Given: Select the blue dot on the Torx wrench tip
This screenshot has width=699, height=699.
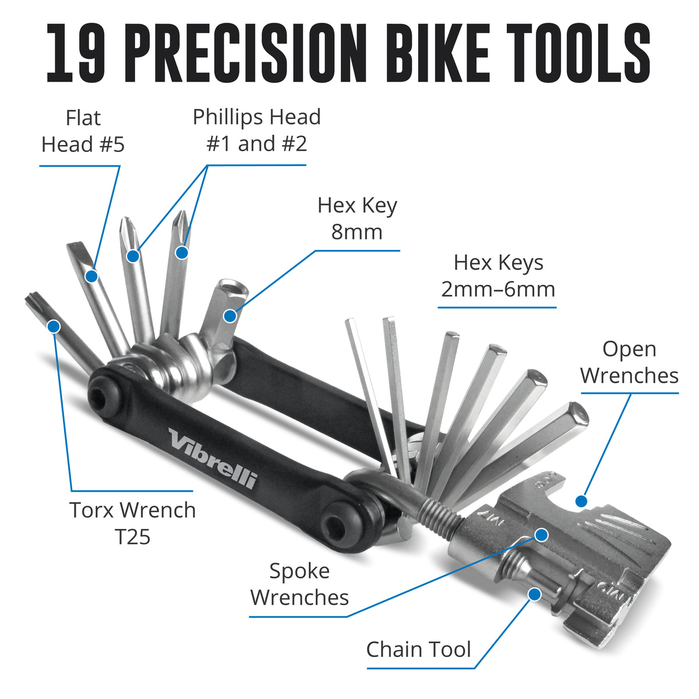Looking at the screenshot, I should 54,326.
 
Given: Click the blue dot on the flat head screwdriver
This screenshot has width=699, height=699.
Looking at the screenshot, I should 91,276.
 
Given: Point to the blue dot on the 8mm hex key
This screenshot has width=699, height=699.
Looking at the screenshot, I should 230,316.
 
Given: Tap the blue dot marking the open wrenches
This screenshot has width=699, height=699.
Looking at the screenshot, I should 581,500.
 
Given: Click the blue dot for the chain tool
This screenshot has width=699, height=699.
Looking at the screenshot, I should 534,594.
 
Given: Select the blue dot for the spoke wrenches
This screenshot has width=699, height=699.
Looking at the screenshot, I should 542,534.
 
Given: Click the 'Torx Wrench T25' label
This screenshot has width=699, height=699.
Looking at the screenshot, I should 133,523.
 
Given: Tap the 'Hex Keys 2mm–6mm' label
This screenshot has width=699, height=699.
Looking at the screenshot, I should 498,276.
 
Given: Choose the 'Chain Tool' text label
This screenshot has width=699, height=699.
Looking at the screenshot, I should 418,649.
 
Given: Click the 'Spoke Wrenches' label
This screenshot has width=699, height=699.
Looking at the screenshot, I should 299,584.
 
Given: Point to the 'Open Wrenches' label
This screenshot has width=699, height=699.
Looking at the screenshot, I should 629,362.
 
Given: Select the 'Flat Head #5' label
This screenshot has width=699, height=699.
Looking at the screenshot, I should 83,131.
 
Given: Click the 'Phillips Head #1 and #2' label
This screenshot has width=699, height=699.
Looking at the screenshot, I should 256,130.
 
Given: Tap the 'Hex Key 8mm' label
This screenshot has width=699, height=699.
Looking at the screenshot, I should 357,218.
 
